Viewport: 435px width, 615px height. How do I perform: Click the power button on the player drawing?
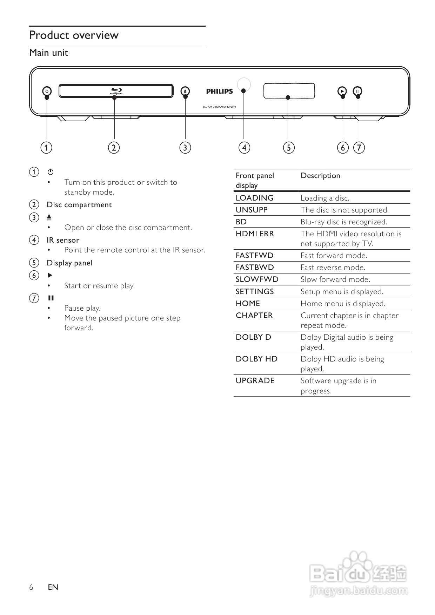47,91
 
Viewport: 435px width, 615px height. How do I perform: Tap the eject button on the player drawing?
185,91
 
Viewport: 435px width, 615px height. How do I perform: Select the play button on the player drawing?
342,91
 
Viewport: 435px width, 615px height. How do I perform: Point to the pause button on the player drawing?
357,91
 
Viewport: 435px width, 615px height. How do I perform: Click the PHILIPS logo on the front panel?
219,92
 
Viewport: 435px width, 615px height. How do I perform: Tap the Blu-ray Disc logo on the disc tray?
116,91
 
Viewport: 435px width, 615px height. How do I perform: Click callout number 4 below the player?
245,147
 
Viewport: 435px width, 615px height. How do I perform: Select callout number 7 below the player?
359,147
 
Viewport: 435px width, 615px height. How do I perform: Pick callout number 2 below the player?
114,147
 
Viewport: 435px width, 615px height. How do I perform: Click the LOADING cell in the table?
255,198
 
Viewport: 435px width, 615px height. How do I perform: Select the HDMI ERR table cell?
255,234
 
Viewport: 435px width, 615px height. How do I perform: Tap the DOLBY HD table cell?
256,359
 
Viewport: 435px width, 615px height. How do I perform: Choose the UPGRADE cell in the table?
255,381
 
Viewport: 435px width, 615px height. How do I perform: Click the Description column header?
320,176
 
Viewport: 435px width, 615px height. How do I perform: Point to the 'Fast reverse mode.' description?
333,268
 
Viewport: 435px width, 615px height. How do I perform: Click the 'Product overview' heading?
74,35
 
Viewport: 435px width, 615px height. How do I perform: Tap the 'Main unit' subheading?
49,53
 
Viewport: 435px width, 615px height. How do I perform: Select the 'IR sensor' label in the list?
63,240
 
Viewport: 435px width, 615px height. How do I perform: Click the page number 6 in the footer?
31,587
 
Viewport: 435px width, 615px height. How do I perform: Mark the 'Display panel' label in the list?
70,263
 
